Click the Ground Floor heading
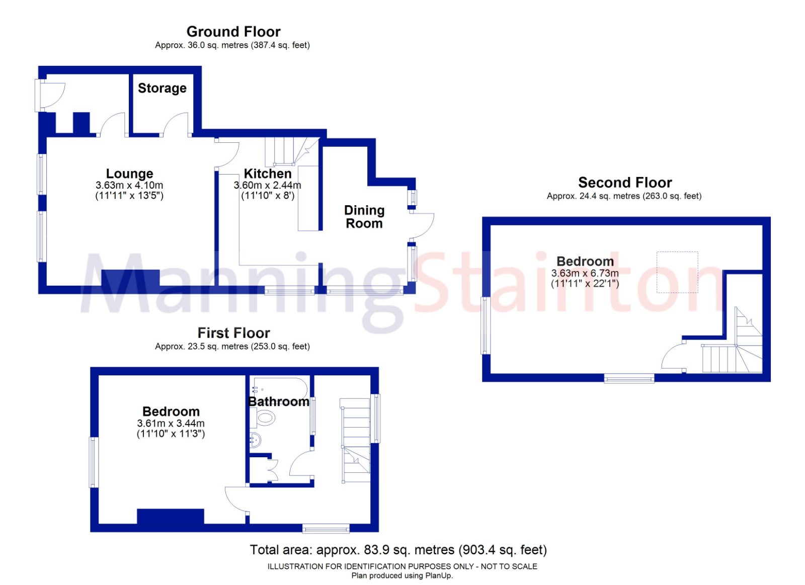click(233, 32)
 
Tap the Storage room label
click(162, 88)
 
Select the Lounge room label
click(129, 174)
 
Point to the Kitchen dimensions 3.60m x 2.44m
click(267, 186)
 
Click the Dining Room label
click(364, 217)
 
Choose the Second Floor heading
click(625, 183)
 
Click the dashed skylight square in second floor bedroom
click(677, 272)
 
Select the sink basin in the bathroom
click(256, 440)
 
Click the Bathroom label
click(279, 401)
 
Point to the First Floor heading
click(233, 333)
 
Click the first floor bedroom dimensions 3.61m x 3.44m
click(171, 424)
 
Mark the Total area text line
click(398, 550)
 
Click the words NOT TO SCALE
click(509, 567)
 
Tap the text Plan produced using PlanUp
click(402, 575)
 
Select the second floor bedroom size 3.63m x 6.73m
click(585, 273)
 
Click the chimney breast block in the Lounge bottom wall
click(130, 278)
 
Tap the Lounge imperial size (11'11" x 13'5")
click(129, 196)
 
